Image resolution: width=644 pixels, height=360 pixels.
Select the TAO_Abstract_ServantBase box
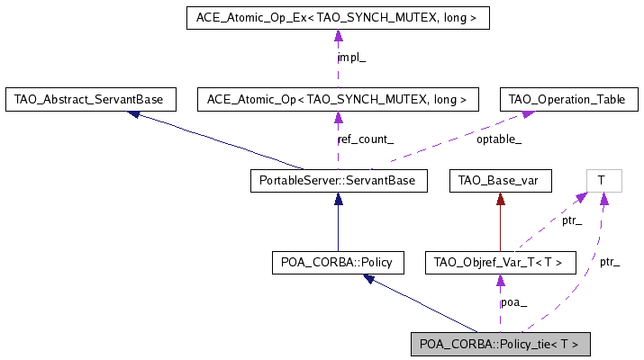pos(90,98)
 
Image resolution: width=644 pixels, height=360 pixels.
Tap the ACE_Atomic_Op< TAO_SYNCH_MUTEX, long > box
pos(338,98)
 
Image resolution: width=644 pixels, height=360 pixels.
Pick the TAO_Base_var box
pos(499,181)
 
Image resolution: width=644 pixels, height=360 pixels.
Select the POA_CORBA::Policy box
pos(338,263)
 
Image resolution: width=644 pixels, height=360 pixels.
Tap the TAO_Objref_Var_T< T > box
pos(499,263)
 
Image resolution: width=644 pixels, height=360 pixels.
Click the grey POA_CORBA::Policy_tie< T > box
pos(500,344)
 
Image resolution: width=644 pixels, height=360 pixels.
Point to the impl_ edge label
pos(351,58)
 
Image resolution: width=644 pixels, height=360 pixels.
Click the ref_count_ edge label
pos(364,139)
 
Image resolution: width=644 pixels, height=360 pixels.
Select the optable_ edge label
pos(499,139)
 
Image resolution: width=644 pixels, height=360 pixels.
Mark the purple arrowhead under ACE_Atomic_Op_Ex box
pos(338,35)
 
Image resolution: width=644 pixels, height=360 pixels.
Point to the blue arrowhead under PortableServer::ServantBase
pos(338,199)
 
